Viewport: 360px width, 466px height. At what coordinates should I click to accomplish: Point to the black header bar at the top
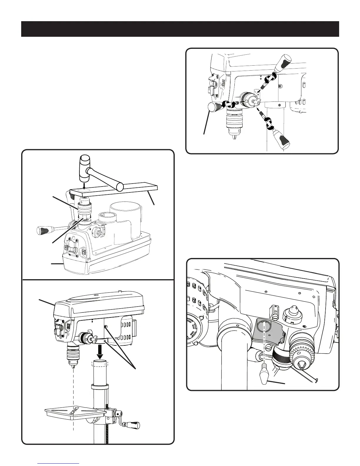pyautogui.click(x=180, y=29)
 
